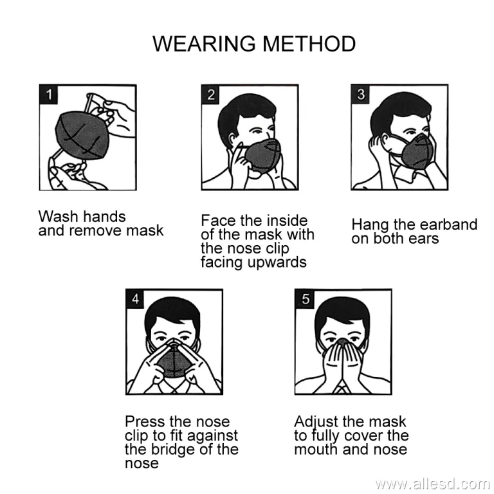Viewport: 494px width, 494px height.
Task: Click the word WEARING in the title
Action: pyautogui.click(x=204, y=44)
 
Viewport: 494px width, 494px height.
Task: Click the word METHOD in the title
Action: pyautogui.click(x=309, y=44)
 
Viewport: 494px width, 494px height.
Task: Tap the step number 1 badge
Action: pyautogui.click(x=48, y=94)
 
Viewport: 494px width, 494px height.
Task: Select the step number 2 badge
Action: pyautogui.click(x=211, y=94)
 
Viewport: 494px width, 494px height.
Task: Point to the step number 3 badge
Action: pyautogui.click(x=360, y=94)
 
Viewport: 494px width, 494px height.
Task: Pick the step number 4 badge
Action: pyautogui.click(x=135, y=298)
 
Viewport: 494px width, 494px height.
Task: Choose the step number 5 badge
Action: pyautogui.click(x=305, y=298)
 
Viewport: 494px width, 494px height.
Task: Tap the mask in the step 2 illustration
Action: pyautogui.click(x=262, y=155)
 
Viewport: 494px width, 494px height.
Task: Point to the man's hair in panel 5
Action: pyautogui.click(x=342, y=312)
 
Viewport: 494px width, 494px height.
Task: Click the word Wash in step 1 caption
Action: pyautogui.click(x=59, y=216)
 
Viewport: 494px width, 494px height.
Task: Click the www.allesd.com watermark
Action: pyautogui.click(x=432, y=484)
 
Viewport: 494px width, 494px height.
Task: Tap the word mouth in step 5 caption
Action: pyautogui.click(x=316, y=449)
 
